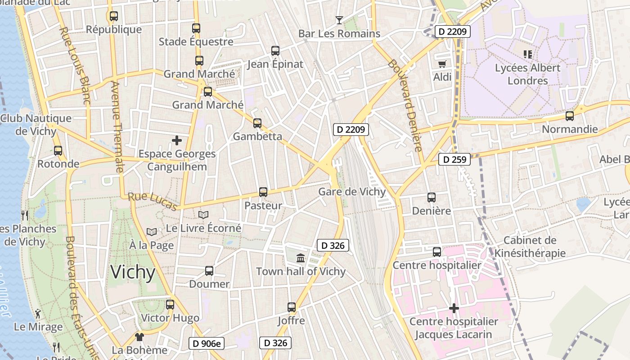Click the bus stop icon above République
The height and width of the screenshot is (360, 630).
point(114,16)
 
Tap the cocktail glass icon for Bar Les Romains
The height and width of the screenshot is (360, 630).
point(339,20)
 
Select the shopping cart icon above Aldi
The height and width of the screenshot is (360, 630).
point(442,64)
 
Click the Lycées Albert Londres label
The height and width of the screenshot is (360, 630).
point(528,74)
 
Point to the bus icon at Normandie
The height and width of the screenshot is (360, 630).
point(570,116)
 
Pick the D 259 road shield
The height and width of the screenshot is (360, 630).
point(454,159)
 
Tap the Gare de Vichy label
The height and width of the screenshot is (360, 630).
point(352,192)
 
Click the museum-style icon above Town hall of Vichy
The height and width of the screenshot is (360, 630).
point(301,258)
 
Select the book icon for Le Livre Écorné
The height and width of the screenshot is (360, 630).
point(203,215)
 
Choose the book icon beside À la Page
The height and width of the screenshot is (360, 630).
point(152,232)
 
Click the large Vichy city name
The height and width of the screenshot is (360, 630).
point(133,273)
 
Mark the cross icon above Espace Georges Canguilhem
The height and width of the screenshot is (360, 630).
point(177,140)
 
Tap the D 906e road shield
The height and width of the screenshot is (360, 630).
point(207,344)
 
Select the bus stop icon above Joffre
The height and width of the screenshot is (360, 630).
point(292,307)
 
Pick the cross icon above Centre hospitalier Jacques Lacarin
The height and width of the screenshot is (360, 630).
point(454,308)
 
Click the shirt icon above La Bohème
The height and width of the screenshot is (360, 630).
point(139,337)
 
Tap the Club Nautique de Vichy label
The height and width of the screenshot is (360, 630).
point(36,125)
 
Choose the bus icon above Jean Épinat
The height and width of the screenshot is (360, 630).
point(275,51)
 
